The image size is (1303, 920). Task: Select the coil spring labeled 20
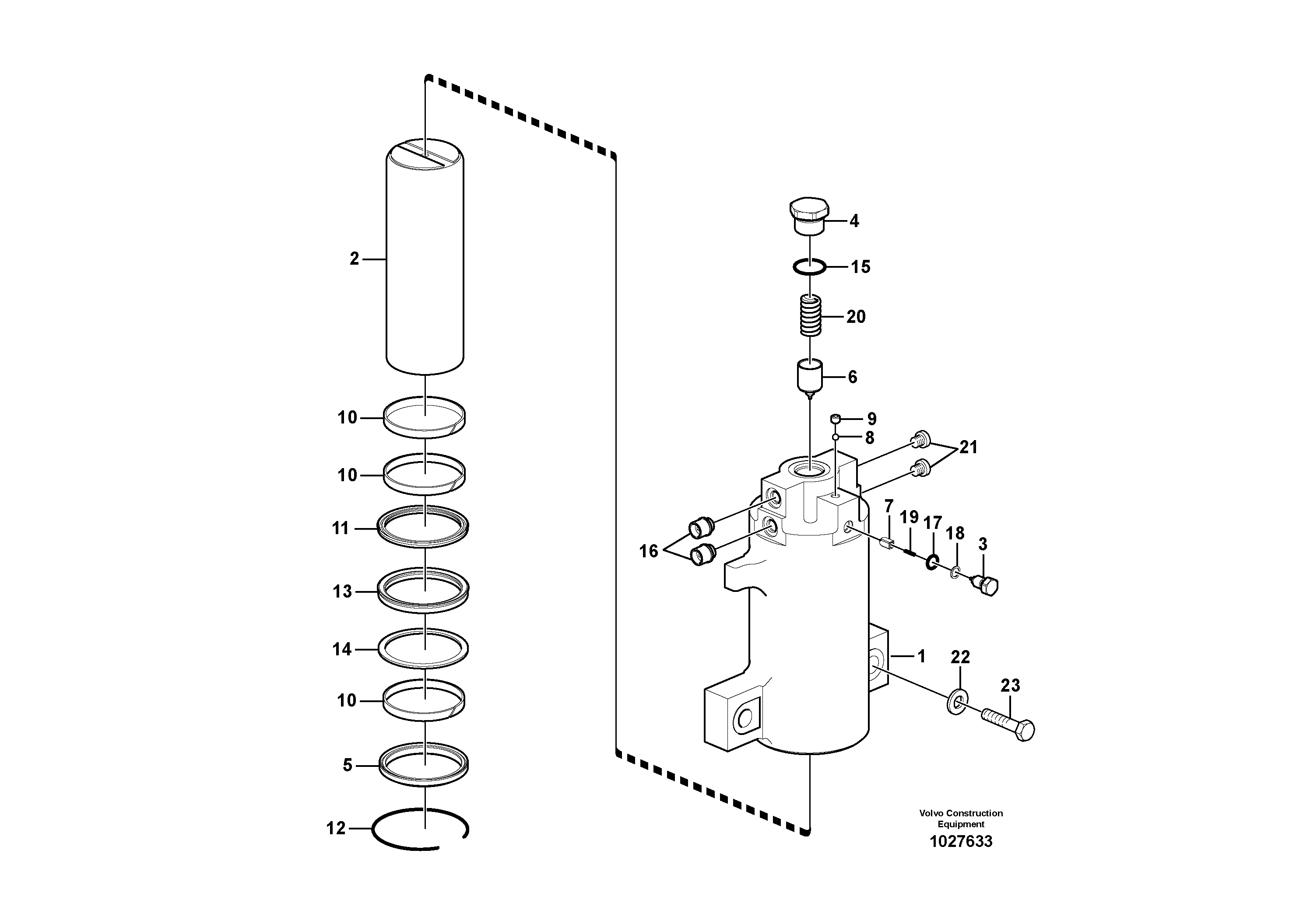click(x=811, y=316)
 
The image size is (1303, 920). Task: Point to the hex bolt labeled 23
click(x=1007, y=723)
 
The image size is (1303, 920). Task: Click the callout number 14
click(x=342, y=649)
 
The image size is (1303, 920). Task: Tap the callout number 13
click(x=342, y=591)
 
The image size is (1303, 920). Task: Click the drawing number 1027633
click(x=961, y=841)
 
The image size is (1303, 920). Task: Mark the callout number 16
click(x=649, y=551)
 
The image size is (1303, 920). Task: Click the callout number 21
click(x=968, y=447)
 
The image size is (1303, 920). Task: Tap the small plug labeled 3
click(x=987, y=585)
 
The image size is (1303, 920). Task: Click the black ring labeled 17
click(x=932, y=563)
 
